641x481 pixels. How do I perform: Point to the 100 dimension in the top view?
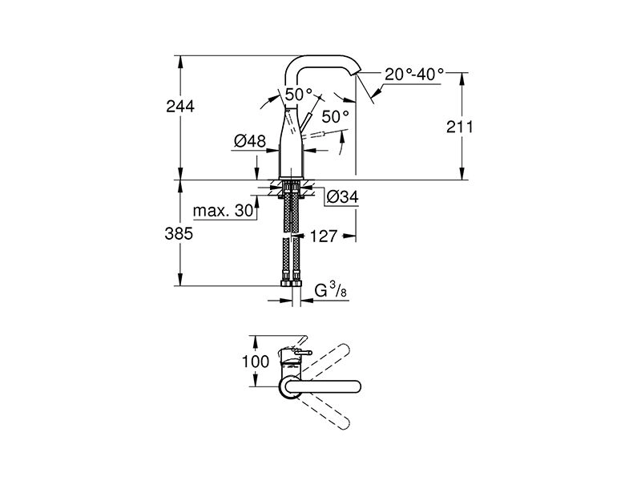click(256, 361)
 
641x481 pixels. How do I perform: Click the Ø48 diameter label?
click(250, 141)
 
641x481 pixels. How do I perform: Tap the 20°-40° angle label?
click(413, 75)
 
